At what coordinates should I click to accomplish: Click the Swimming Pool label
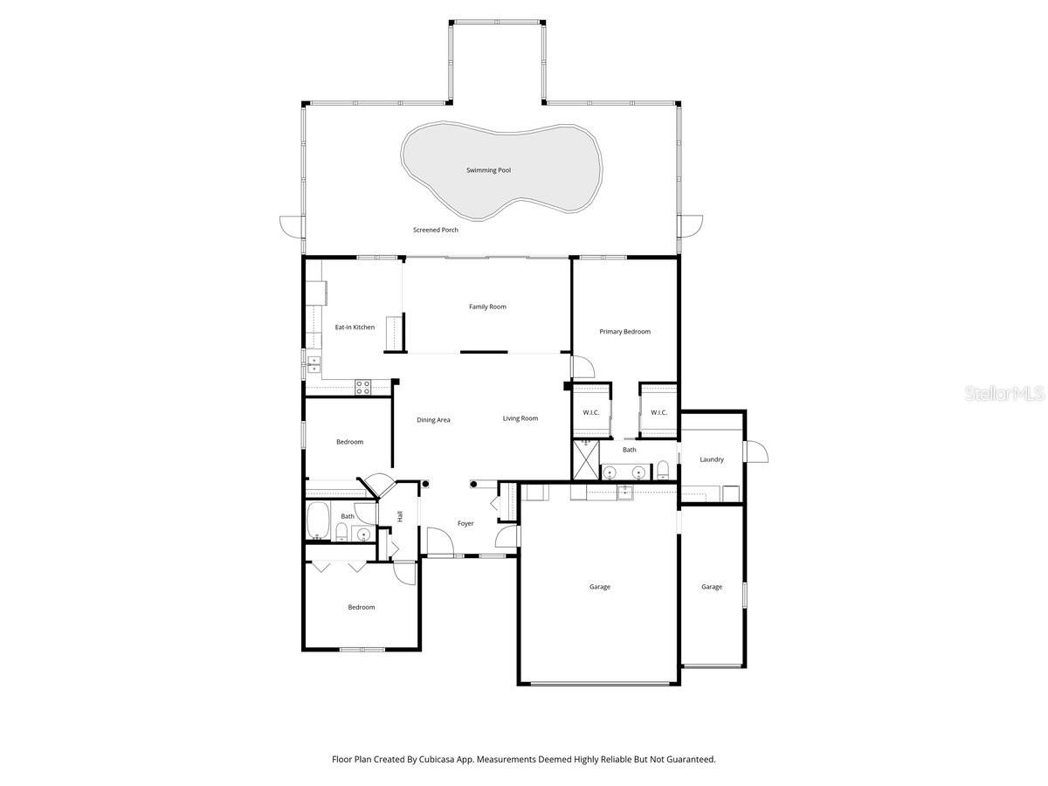click(x=488, y=170)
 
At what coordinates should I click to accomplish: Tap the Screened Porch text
click(x=436, y=230)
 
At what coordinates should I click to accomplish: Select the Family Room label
click(x=487, y=307)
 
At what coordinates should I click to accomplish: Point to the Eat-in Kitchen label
click(x=355, y=327)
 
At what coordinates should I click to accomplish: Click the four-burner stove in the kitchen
click(x=363, y=385)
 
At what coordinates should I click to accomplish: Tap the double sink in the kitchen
click(x=313, y=364)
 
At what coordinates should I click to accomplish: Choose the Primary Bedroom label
click(x=624, y=332)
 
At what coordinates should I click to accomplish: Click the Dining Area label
click(x=433, y=420)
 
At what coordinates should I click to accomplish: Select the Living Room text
click(x=521, y=418)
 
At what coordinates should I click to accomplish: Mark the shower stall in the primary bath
click(x=585, y=459)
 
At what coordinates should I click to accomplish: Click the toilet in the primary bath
click(x=663, y=470)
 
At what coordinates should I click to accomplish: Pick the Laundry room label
click(x=712, y=459)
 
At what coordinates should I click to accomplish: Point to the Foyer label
click(x=465, y=524)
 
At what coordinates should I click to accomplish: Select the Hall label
click(x=400, y=516)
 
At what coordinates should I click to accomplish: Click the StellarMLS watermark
click(x=1004, y=394)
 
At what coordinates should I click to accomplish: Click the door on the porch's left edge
click(x=291, y=226)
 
